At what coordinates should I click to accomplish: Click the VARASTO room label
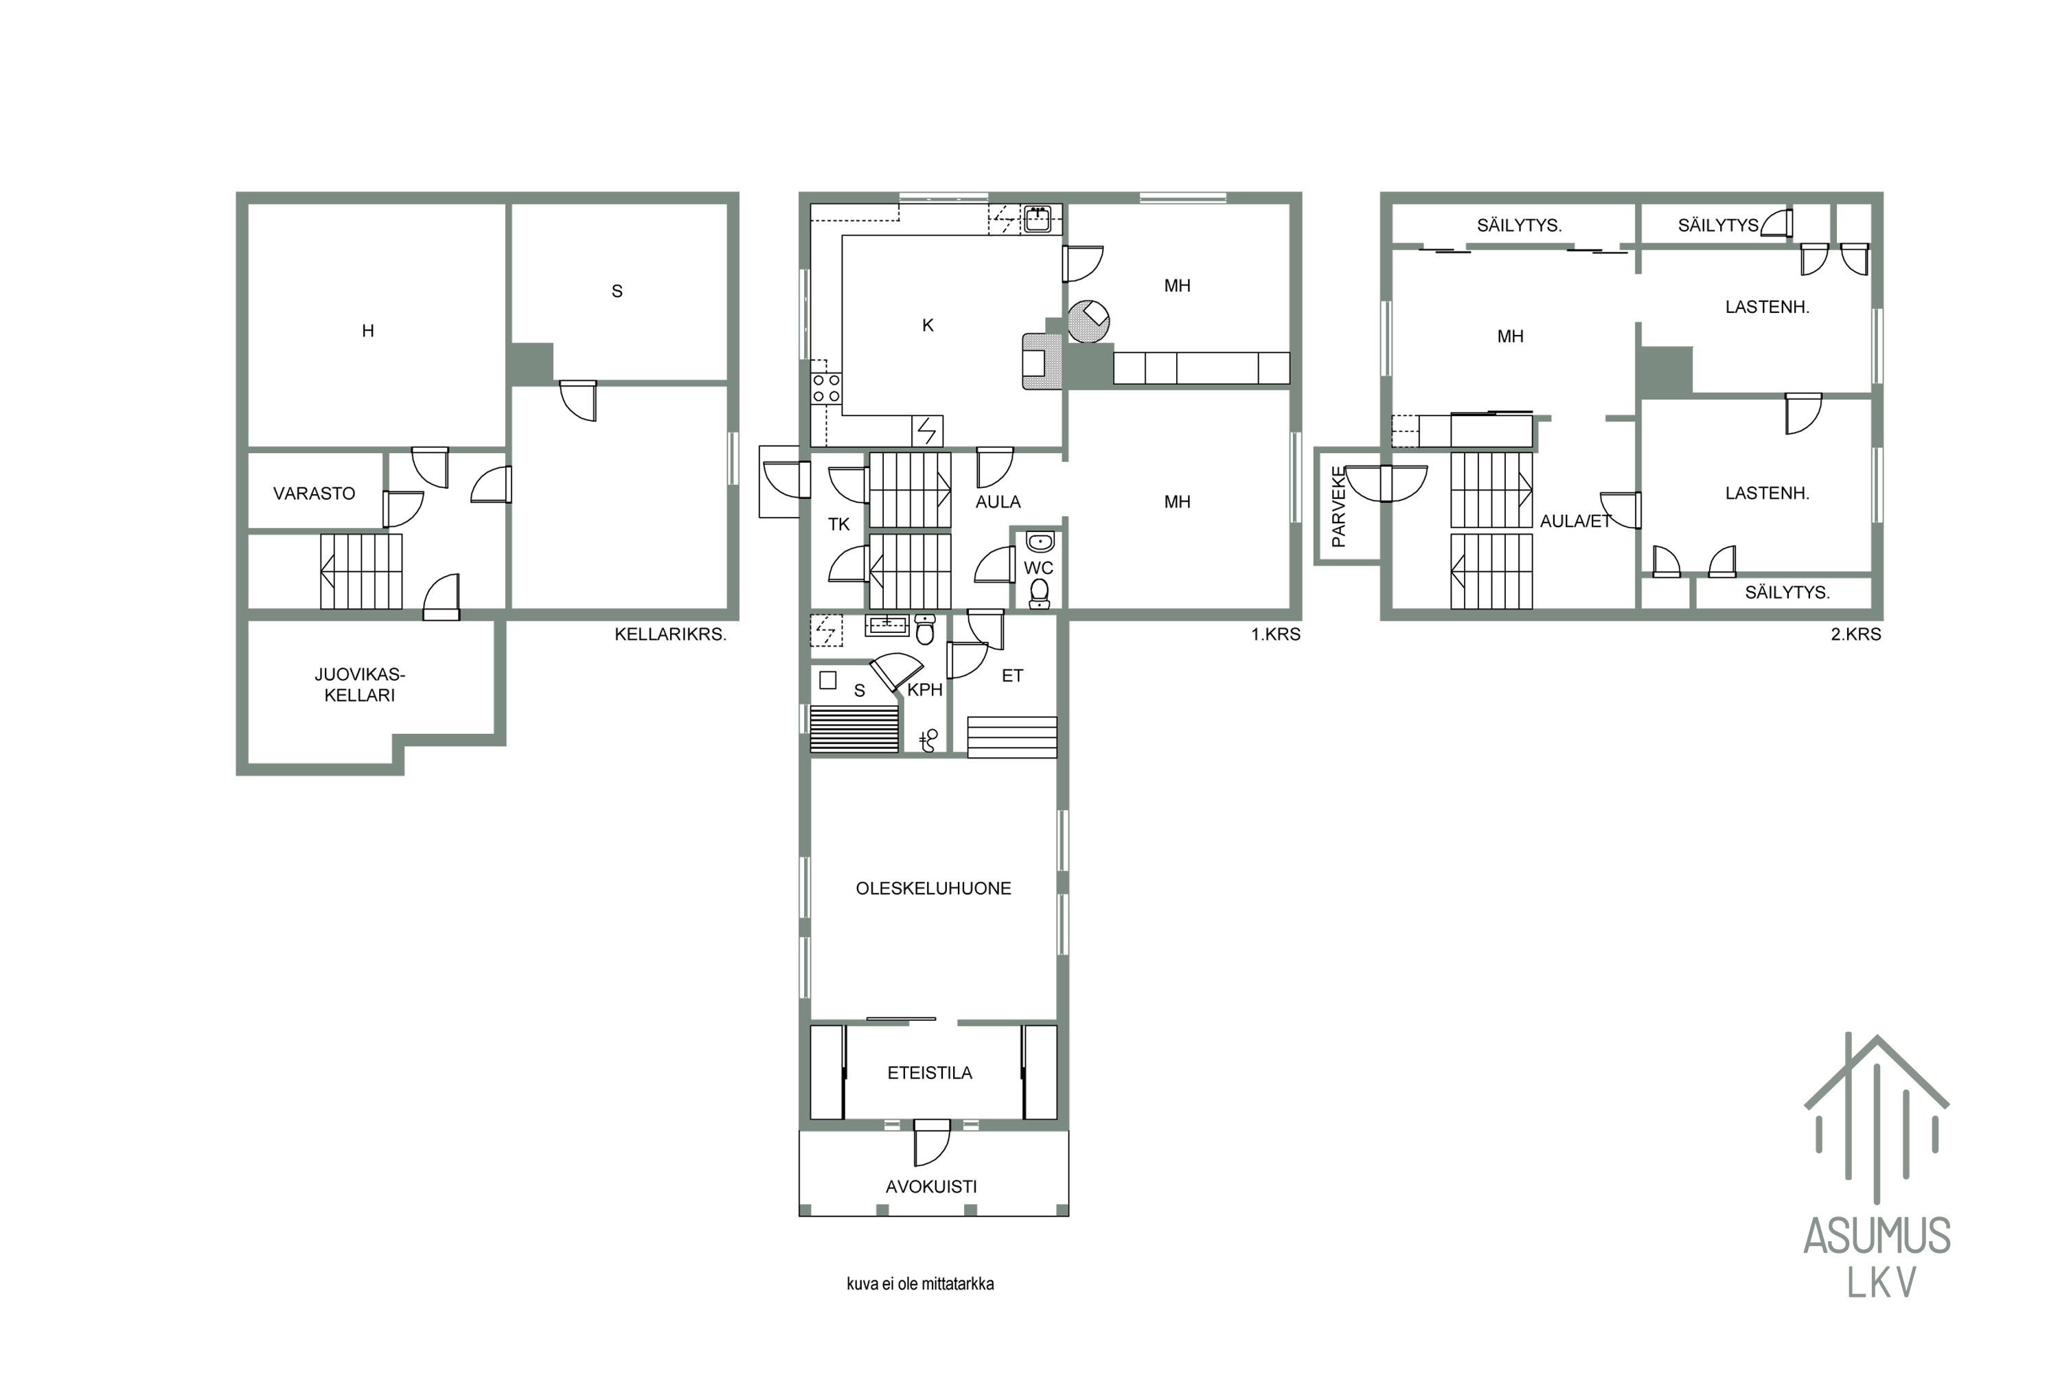tap(314, 494)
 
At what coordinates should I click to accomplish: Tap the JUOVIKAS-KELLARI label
tap(359, 684)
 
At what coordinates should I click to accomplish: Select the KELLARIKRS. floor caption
tap(670, 634)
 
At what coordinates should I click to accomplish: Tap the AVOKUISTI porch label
tap(931, 1186)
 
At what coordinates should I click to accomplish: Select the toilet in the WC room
tap(1039, 594)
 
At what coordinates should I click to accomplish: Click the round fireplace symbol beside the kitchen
tap(1088, 321)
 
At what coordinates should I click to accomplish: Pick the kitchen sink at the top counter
tap(1038, 218)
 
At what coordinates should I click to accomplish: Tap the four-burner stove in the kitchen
tap(826, 389)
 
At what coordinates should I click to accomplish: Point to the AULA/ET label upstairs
tap(1576, 521)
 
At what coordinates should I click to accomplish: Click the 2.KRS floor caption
tap(1856, 634)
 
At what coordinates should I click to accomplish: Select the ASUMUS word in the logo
tap(1877, 1236)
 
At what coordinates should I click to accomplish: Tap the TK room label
tap(838, 524)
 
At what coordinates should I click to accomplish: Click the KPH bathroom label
tap(924, 690)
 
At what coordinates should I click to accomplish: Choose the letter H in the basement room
tap(368, 331)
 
